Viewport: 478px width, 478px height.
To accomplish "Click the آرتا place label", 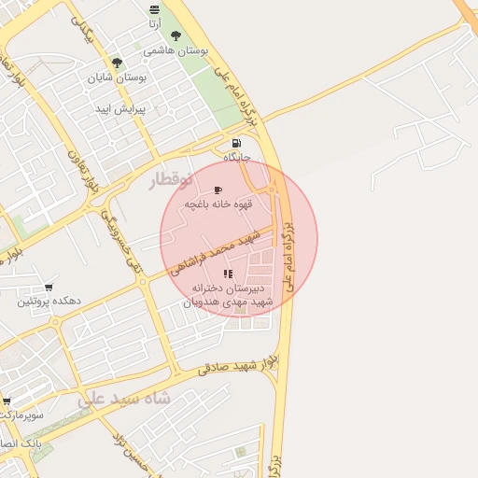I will tap(154, 23).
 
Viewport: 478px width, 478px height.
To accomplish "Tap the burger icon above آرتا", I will tap(154, 9).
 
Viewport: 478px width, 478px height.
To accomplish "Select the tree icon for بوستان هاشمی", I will tap(176, 35).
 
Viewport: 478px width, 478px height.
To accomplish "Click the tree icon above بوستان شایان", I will tap(117, 63).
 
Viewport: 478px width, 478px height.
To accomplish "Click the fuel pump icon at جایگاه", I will tap(236, 143).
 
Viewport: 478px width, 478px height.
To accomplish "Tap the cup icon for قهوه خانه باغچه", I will tap(218, 189).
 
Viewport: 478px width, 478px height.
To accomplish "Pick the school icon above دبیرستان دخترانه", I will tap(228, 274).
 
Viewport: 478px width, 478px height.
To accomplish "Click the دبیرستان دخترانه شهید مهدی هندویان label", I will tap(230, 295).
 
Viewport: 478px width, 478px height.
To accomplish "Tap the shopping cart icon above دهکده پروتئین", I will tap(48, 288).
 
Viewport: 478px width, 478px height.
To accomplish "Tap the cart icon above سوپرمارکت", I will tap(7, 399).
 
